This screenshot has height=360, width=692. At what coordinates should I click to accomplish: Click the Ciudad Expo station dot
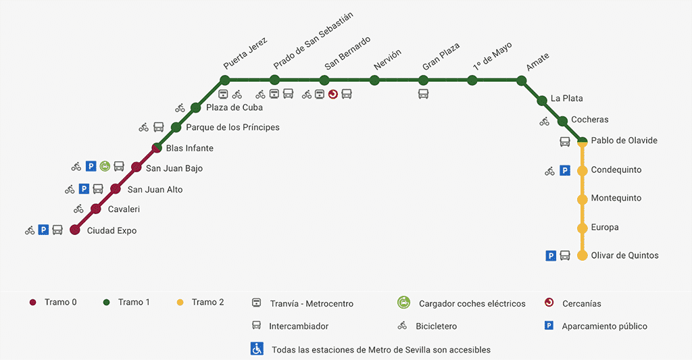tap(75, 230)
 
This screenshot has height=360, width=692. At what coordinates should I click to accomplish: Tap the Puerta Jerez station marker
tap(225, 80)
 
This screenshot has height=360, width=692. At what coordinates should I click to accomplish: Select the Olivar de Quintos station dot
tap(582, 256)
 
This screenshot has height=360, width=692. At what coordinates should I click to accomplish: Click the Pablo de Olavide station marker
tap(582, 141)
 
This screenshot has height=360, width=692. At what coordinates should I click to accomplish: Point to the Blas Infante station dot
tap(156, 148)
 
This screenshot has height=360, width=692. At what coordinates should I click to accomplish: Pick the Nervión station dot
tap(375, 80)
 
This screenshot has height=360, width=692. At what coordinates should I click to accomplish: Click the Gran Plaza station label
tap(441, 57)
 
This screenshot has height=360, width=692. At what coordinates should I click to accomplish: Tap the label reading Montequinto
tap(616, 198)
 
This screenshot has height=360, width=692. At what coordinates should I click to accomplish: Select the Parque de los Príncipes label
tap(232, 127)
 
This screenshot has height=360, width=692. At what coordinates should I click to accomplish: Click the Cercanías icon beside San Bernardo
tap(332, 94)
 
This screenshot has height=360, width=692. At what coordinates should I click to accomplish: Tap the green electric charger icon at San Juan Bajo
tap(105, 166)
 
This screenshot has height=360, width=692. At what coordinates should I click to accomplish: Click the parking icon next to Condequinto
tap(565, 171)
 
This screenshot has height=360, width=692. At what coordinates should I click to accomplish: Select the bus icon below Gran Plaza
tap(424, 94)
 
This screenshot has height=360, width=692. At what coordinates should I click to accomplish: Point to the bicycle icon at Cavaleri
tap(79, 209)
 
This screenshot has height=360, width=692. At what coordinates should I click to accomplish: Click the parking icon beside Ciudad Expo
tap(43, 230)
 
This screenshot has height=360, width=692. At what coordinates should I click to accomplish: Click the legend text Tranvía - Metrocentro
tap(312, 303)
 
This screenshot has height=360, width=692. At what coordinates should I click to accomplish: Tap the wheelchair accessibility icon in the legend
tap(257, 349)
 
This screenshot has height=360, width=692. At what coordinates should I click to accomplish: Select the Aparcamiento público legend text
tap(604, 326)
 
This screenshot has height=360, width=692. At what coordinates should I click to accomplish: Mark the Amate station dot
tap(521, 80)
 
